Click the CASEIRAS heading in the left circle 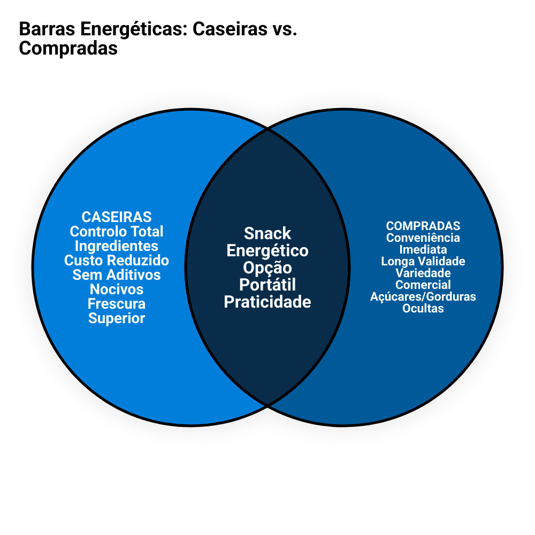click(x=117, y=217)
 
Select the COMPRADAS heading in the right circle click(x=423, y=226)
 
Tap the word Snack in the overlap click(x=267, y=233)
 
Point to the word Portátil click(x=267, y=285)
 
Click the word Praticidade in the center click(x=267, y=302)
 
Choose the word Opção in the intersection click(x=267, y=267)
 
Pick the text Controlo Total click(x=117, y=232)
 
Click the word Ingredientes click(x=117, y=246)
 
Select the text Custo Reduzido click(x=117, y=261)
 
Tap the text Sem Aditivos click(x=117, y=275)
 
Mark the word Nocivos click(x=117, y=289)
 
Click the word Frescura click(x=117, y=304)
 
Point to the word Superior click(x=117, y=318)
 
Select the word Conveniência click(x=423, y=238)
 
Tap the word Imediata click(x=423, y=249)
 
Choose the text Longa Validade click(x=423, y=261)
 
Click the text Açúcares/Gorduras click(x=423, y=296)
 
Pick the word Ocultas click(x=423, y=308)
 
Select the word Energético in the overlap click(x=267, y=250)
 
